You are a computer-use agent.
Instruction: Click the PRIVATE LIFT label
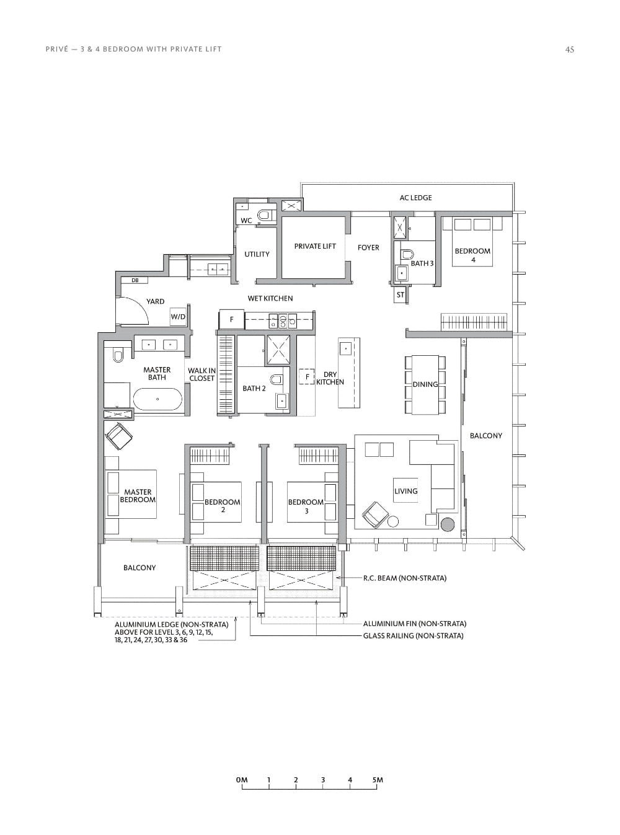[315, 246]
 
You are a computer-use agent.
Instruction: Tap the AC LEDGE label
[415, 198]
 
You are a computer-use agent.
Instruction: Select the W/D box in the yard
[178, 317]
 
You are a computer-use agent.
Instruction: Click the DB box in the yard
[135, 281]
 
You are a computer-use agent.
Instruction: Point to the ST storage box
[400, 295]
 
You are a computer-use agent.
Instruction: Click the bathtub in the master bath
[157, 399]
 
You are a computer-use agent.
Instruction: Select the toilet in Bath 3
[407, 254]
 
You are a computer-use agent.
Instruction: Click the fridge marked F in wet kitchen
[232, 320]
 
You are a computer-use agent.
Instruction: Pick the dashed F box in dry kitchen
[307, 376]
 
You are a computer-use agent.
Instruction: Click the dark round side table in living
[448, 524]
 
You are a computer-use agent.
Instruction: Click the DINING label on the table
[425, 384]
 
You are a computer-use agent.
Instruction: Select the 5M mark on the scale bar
[378, 780]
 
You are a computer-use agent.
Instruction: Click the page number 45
[569, 50]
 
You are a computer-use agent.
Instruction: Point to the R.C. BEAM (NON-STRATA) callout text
[404, 578]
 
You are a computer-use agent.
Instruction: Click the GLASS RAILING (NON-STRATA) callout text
[413, 636]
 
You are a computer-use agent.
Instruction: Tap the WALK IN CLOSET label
[201, 374]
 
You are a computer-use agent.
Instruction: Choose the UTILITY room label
[257, 254]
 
